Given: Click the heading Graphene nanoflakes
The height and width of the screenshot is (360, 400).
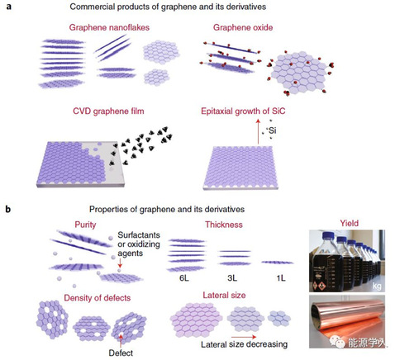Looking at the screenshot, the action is click(109, 27).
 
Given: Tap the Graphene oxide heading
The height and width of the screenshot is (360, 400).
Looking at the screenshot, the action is click(243, 27).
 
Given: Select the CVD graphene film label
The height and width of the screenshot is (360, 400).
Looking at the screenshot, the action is click(108, 111).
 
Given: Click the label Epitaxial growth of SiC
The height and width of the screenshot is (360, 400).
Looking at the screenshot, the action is click(243, 111).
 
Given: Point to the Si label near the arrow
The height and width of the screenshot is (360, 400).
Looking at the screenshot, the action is click(273, 130).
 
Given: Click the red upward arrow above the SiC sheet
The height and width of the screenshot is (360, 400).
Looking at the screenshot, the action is click(258, 131).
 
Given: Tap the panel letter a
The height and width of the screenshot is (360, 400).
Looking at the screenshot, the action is click(9, 7).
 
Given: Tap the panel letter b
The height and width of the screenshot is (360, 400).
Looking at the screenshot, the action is click(8, 209).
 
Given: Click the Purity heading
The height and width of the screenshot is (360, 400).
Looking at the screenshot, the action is click(85, 225).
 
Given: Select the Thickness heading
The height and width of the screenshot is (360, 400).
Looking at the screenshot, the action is click(224, 225).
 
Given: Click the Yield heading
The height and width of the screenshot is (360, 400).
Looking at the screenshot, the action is click(349, 223).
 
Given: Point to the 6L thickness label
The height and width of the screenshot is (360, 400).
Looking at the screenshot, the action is click(184, 278).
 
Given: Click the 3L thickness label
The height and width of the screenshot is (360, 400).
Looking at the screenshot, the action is click(232, 278).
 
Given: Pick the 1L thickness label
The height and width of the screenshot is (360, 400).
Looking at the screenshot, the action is click(281, 278).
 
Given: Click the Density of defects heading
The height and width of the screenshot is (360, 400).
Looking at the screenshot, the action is click(98, 298).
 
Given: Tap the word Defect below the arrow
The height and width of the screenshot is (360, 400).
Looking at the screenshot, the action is click(121, 353).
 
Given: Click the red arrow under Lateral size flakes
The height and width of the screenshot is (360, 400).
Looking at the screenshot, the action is click(244, 337).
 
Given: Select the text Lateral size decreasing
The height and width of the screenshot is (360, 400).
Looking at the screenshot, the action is click(244, 344).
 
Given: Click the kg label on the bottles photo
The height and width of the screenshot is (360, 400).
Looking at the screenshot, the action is click(377, 286).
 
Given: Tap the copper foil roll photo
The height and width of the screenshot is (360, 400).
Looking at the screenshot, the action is click(347, 321).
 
